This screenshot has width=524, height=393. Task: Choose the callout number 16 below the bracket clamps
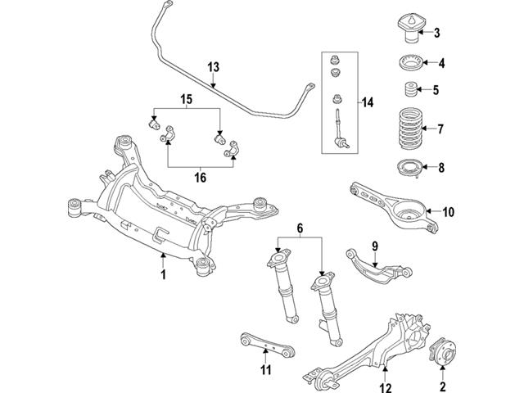click(200, 175)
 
